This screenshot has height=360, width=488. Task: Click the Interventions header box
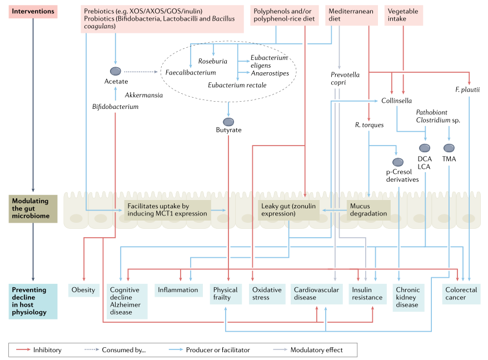point(33,11)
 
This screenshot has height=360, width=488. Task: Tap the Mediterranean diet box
point(350,15)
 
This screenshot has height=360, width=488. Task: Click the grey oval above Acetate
point(115,71)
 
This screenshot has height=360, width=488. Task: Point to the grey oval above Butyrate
point(228,122)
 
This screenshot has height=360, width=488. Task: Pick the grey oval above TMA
point(449,148)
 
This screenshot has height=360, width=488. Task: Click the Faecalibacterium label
point(191,73)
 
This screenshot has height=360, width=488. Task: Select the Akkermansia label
point(144,95)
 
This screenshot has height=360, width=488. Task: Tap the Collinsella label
point(396,101)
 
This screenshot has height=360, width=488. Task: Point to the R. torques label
point(369,125)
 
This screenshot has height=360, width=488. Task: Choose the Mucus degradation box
point(368,209)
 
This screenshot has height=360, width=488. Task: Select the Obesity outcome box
point(83,290)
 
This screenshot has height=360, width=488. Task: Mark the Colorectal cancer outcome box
point(461,294)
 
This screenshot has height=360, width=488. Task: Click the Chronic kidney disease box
point(407,297)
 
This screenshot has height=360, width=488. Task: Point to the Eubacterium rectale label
point(237,85)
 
